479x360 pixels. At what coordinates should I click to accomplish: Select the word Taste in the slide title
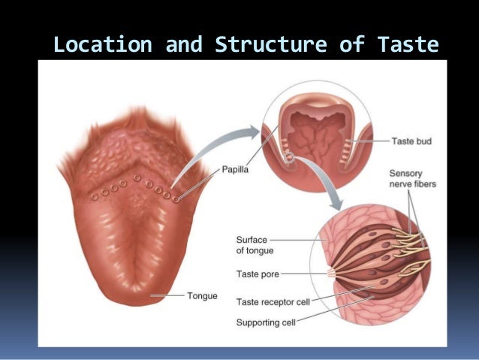(408, 44)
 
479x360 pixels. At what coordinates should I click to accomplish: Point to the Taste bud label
(412, 140)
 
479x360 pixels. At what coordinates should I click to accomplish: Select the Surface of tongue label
(255, 246)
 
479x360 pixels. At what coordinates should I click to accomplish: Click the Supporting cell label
(266, 322)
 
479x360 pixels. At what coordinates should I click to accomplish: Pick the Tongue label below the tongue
(202, 296)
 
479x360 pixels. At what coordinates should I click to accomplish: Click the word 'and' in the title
(184, 44)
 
